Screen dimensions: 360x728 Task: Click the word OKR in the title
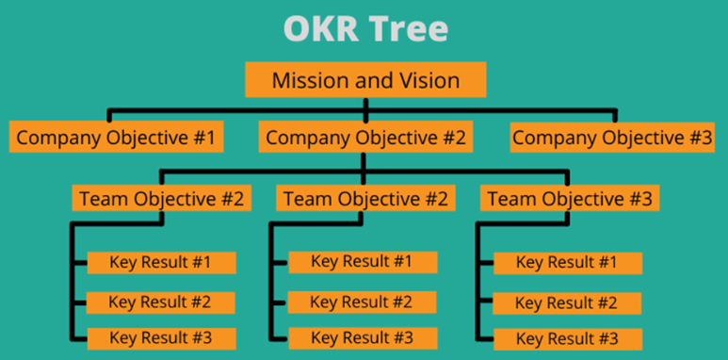pos(319,28)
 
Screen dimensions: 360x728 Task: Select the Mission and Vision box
pos(365,80)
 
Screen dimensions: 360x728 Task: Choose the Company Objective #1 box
pos(117,138)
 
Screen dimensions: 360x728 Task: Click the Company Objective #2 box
pos(365,138)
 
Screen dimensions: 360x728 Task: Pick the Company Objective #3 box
pos(612,138)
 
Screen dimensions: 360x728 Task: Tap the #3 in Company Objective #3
pos(699,138)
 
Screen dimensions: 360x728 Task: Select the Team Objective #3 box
pos(569,199)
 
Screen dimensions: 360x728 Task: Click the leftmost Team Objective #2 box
pos(162,199)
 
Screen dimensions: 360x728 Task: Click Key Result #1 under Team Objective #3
pos(567,263)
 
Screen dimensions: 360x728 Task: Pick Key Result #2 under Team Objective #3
pos(567,303)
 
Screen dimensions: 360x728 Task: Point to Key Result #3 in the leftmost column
pos(160,337)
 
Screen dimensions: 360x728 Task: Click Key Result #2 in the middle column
pos(362,302)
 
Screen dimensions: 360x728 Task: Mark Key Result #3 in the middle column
pos(362,337)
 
